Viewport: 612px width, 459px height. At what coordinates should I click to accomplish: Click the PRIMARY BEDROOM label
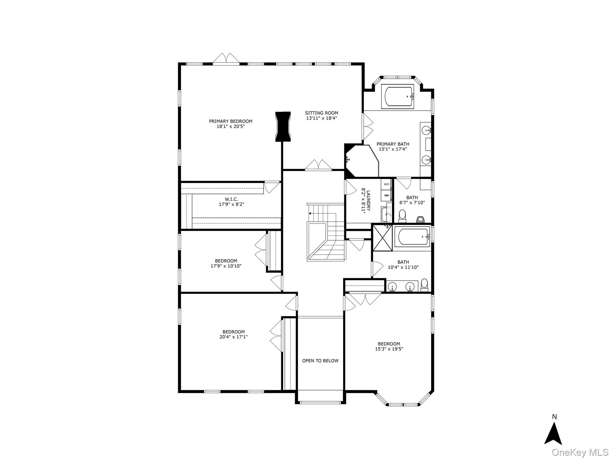(x=230, y=121)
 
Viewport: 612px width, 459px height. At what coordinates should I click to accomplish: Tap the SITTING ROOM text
(x=322, y=113)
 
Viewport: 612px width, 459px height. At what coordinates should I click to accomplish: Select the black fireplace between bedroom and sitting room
(x=283, y=126)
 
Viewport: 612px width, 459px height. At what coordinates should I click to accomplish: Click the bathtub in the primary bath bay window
(x=398, y=96)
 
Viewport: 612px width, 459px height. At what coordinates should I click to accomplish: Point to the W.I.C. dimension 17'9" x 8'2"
(x=232, y=204)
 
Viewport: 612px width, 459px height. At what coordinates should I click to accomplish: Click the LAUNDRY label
(x=368, y=201)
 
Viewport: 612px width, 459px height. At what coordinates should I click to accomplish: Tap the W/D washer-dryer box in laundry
(x=386, y=184)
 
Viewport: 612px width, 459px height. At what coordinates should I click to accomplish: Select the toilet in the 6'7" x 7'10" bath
(x=402, y=216)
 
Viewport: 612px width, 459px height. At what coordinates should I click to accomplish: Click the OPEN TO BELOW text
(x=320, y=361)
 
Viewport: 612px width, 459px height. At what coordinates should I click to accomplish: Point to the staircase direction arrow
(x=310, y=213)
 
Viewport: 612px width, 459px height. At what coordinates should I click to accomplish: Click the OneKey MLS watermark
(x=580, y=452)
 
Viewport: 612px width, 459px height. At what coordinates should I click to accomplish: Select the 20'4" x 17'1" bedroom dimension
(x=233, y=337)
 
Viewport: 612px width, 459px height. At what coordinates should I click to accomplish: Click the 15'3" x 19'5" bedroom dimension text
(x=389, y=349)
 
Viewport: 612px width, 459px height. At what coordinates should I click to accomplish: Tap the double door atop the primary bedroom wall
(x=226, y=59)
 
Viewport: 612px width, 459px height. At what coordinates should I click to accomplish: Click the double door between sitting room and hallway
(x=318, y=165)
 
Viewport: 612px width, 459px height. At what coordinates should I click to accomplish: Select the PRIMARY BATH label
(x=393, y=144)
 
